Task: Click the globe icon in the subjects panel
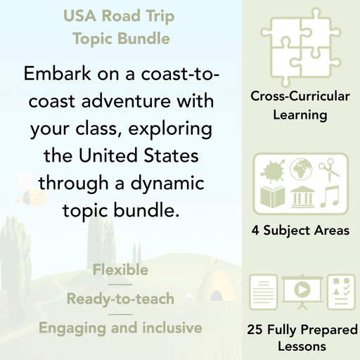point(300,169)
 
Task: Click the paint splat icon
point(272,169)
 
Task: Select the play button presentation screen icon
point(300,291)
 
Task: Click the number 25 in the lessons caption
point(255,329)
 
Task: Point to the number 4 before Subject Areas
point(255,230)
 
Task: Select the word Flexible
point(120,269)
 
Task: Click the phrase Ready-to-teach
point(120,299)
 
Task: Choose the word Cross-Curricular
point(300,97)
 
